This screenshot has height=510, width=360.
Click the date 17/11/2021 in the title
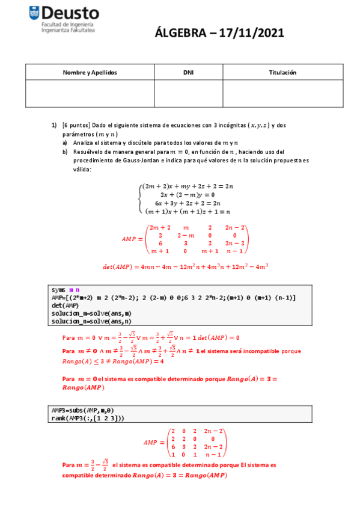[248, 34]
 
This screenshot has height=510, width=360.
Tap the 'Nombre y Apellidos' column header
[90, 72]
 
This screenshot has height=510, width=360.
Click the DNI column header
[188, 72]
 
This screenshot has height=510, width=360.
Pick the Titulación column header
[282, 72]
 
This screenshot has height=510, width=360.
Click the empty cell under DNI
[188, 93]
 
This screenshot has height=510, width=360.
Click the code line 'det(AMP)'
[64, 306]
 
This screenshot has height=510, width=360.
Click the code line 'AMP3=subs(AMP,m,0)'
[81, 410]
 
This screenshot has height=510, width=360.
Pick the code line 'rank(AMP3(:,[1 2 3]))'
[85, 418]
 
